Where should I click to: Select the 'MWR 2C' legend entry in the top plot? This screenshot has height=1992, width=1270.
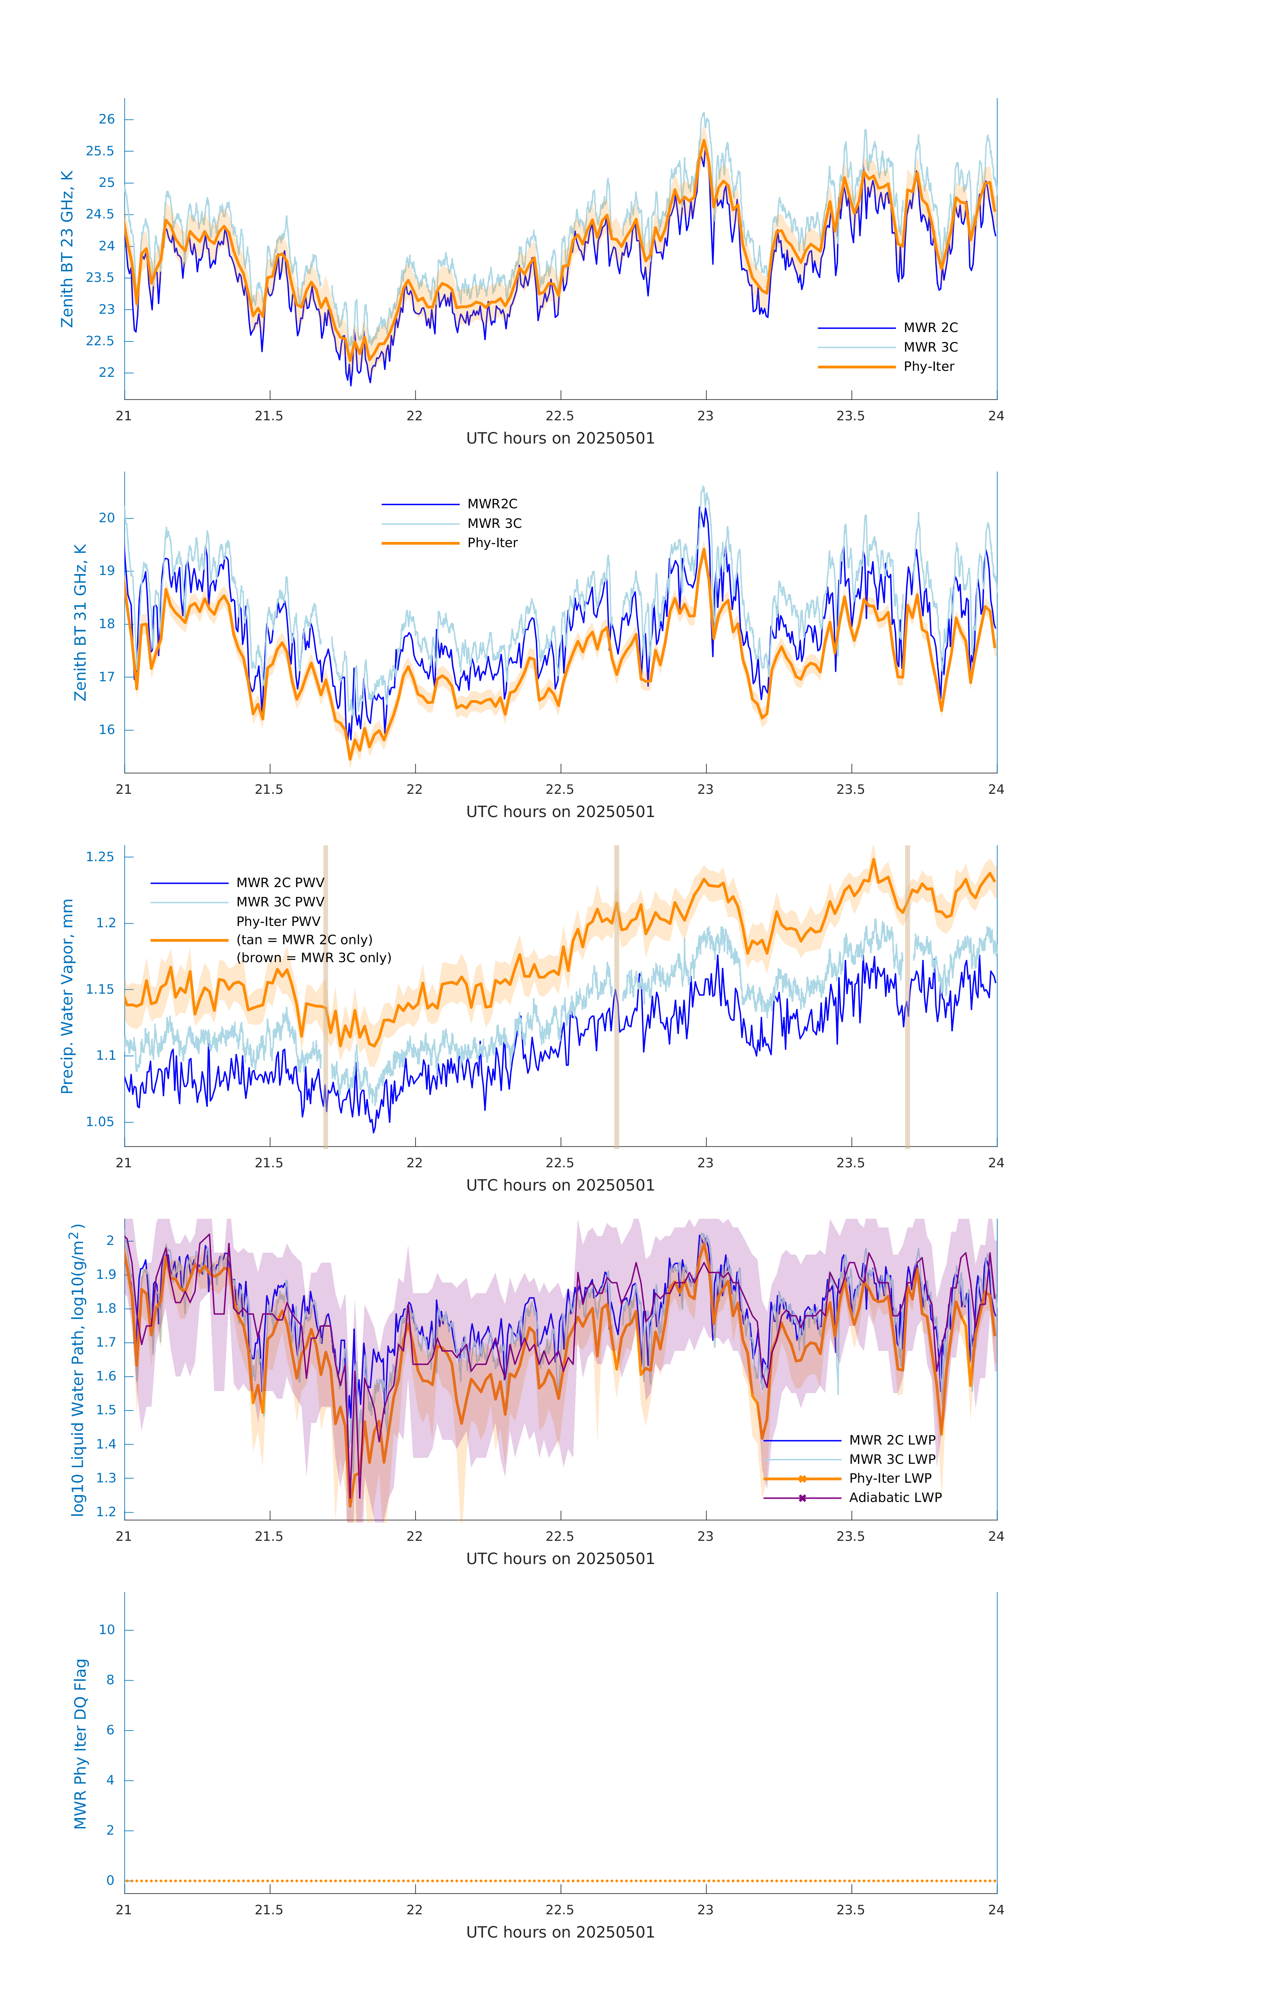pos(930,328)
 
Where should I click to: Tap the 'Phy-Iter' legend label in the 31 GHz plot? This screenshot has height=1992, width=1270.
pos(492,543)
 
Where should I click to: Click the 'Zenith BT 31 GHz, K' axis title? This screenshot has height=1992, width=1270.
pos(80,622)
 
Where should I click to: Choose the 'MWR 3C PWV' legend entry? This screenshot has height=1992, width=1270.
pos(280,902)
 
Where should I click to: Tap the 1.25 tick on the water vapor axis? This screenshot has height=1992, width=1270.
pos(100,857)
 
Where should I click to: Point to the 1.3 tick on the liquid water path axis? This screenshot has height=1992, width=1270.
pos(106,1477)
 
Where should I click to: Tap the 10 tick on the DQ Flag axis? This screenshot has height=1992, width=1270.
pos(107,1630)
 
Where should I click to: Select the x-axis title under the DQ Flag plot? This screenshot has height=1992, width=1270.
pos(560,1933)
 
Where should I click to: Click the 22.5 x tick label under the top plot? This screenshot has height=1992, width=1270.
pos(560,416)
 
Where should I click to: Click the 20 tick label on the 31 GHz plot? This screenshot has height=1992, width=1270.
pos(107,518)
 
